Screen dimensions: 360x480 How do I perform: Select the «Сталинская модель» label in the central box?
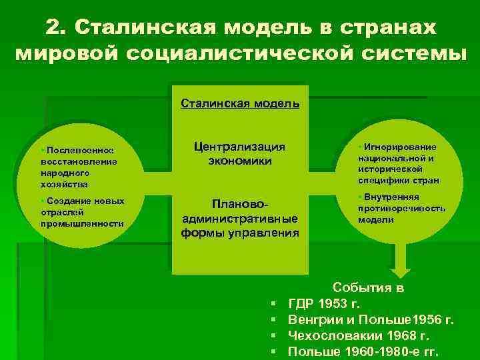(x=240, y=103)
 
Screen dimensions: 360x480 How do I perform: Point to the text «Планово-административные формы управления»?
(x=239, y=218)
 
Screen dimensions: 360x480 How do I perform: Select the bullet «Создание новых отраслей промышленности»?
(x=82, y=212)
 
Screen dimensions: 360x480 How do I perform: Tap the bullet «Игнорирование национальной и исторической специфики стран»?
(x=397, y=163)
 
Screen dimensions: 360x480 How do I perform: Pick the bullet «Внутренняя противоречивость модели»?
(x=401, y=208)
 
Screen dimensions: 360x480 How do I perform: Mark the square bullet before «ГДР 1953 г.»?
(x=275, y=305)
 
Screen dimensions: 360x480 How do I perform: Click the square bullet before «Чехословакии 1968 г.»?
(x=275, y=337)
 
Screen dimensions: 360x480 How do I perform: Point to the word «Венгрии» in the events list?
(x=313, y=320)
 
